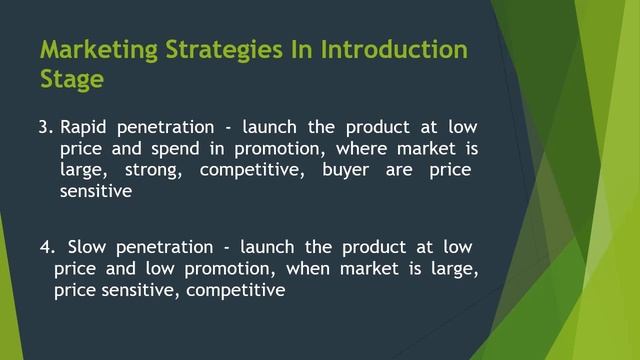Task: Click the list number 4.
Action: pyautogui.click(x=47, y=247)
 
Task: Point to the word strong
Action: pyautogui.click(x=153, y=170)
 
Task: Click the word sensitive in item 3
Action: pyautogui.click(x=95, y=192)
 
